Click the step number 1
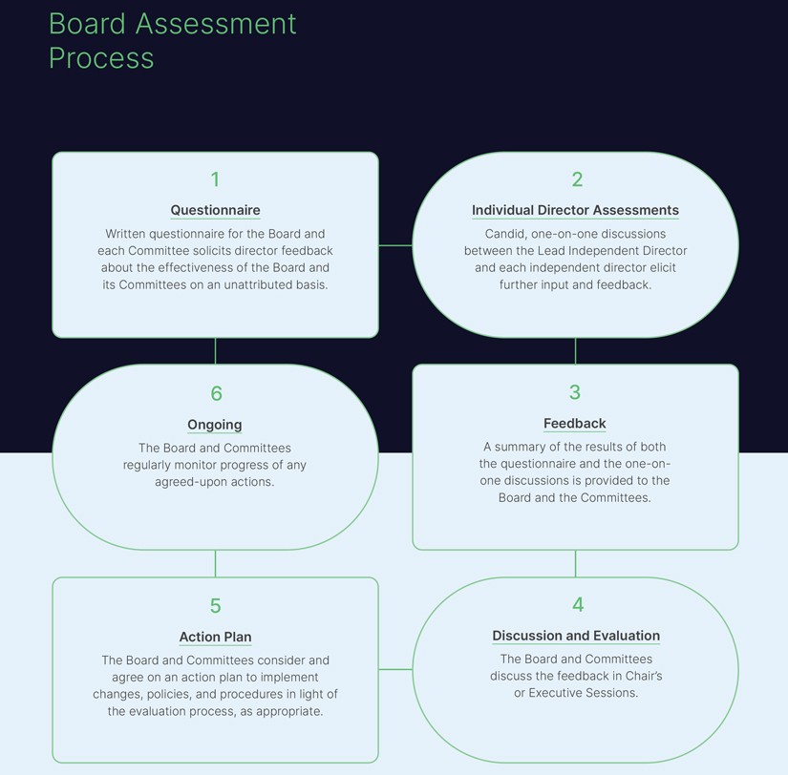pos(215,179)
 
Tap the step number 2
pos(577,179)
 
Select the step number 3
pos(575,392)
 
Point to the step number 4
pos(577,604)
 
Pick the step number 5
pos(215,606)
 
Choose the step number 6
pos(216,393)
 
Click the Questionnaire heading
pos(215,210)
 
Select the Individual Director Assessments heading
pos(575,210)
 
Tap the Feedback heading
pos(575,423)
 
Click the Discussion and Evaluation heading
pos(576,636)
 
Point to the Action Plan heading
pos(215,637)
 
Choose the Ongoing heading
pos(215,425)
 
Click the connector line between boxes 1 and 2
pos(395,245)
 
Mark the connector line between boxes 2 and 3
pos(575,351)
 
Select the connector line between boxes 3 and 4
pos(575,563)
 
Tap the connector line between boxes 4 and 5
pos(395,669)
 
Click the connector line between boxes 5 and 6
pos(215,563)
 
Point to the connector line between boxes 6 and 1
pos(215,351)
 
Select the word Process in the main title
pos(101,57)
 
